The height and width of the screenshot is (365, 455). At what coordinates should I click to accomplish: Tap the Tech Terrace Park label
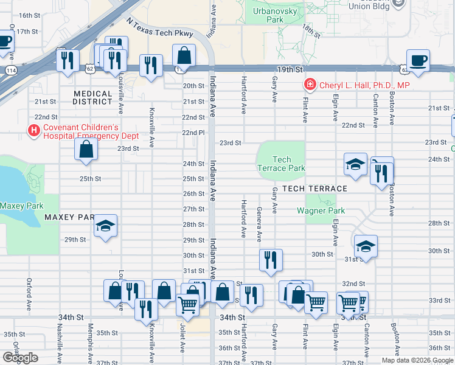click(281, 164)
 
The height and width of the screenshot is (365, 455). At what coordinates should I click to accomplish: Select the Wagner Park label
click(321, 211)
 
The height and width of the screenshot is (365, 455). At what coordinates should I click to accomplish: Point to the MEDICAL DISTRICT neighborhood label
click(92, 98)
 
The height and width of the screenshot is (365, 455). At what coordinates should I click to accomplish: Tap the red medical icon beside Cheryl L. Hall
click(310, 85)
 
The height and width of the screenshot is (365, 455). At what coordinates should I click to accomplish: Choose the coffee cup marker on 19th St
click(418, 60)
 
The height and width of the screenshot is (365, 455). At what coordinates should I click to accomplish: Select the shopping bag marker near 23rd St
click(86, 149)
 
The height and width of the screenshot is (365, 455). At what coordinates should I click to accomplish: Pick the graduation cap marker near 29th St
click(105, 226)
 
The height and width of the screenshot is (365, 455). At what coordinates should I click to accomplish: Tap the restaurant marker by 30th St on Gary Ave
click(270, 260)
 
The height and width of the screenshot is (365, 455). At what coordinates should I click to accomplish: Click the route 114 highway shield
click(11, 70)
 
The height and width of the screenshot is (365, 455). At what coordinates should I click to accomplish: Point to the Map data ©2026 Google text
click(417, 360)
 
